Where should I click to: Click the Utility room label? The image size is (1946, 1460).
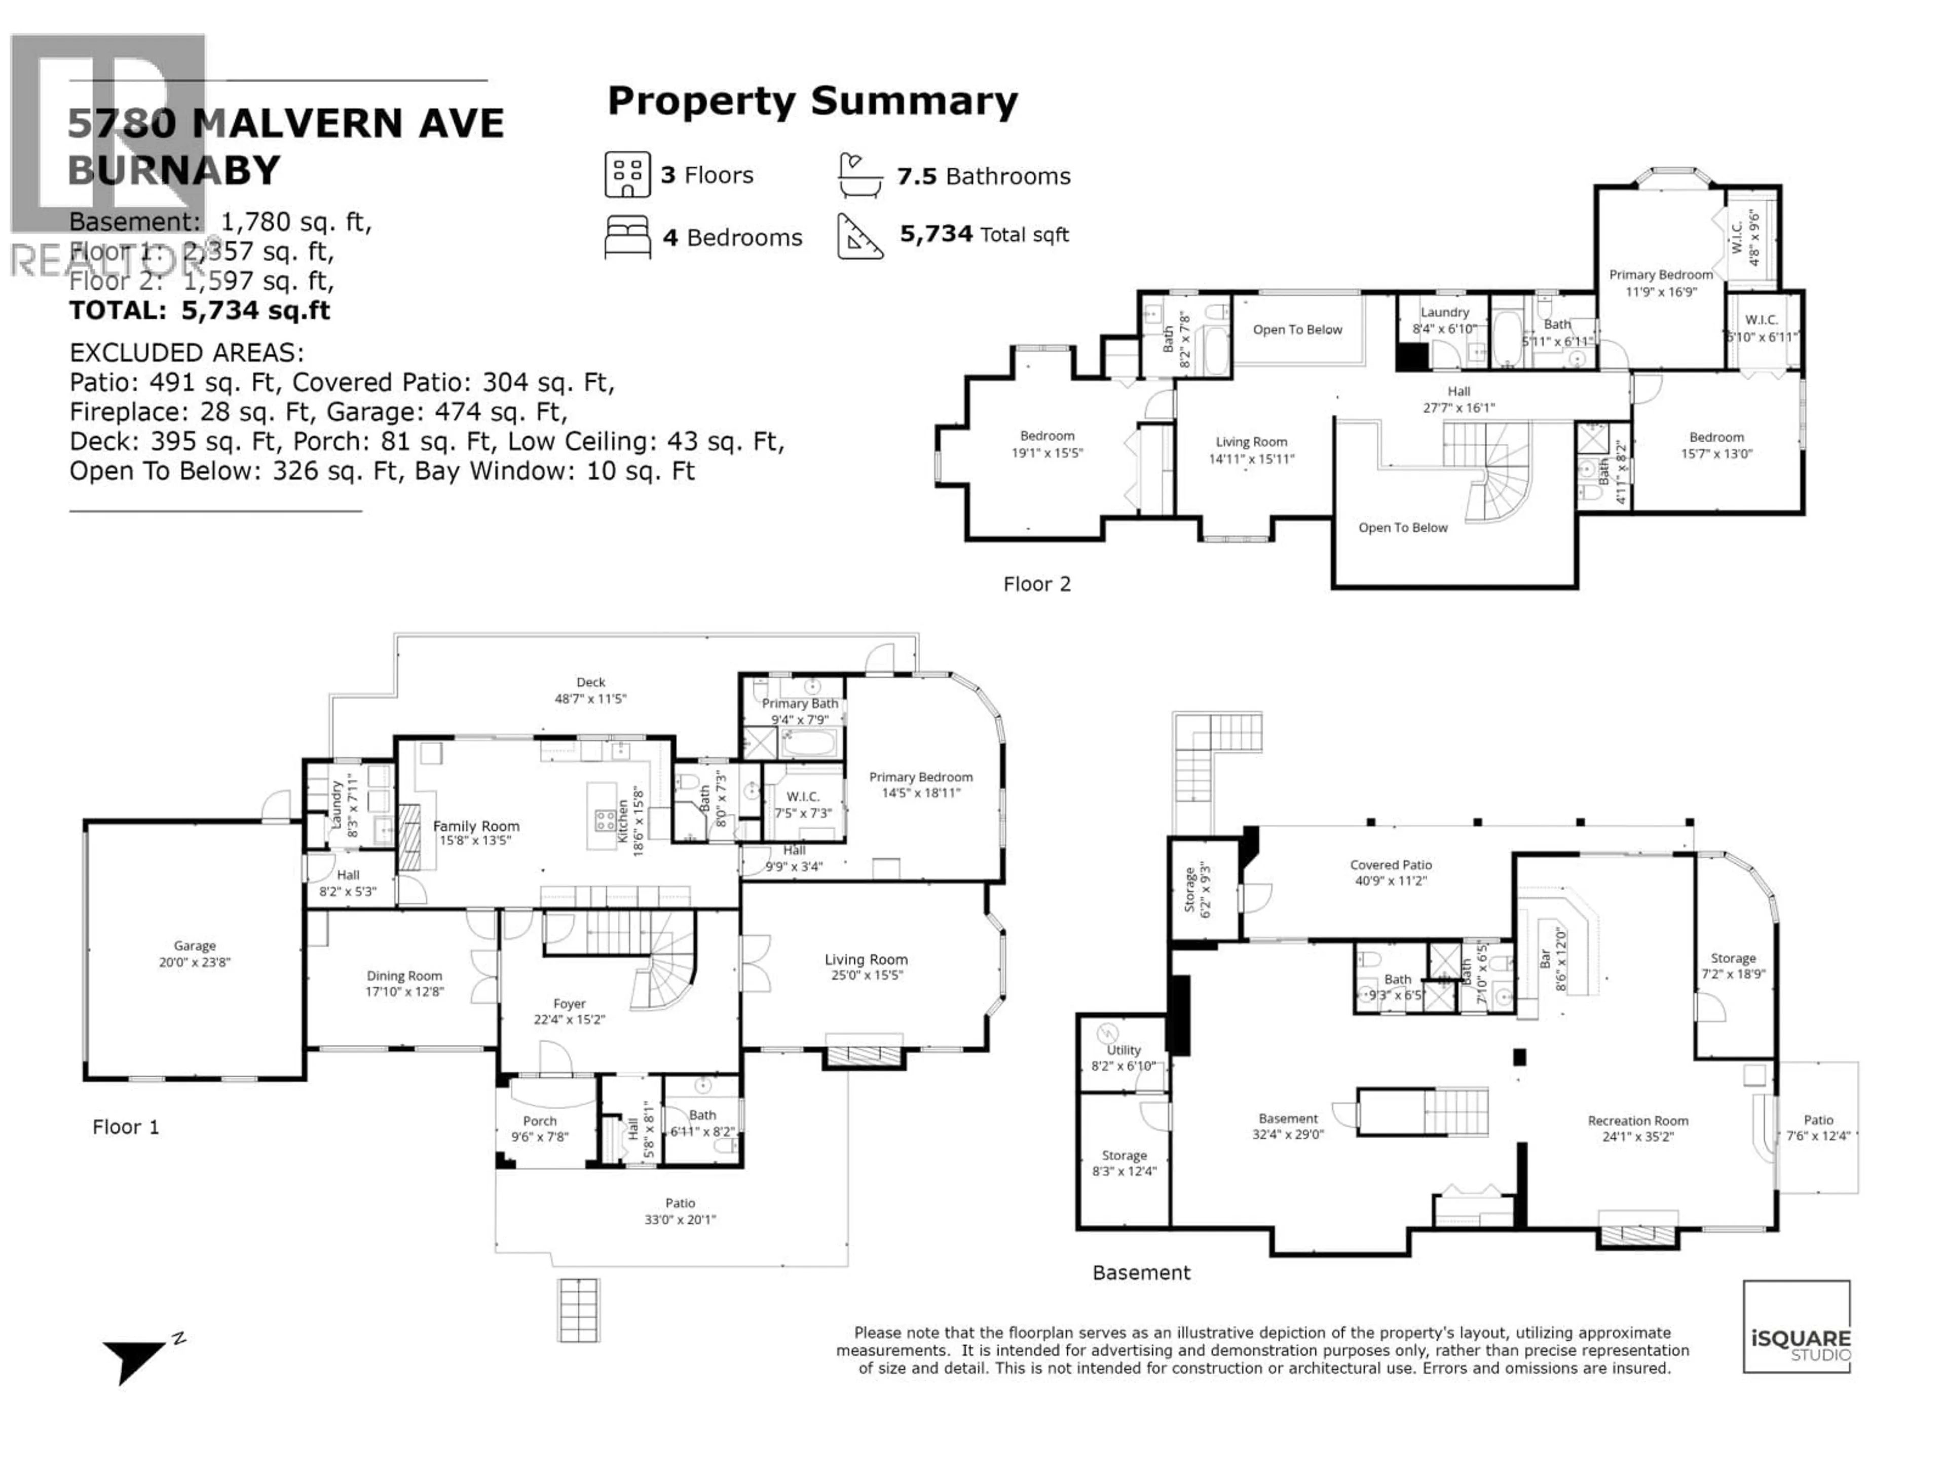tap(1124, 1050)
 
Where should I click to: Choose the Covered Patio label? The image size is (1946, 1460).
tap(1391, 865)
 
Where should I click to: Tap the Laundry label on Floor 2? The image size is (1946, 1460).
tap(1444, 312)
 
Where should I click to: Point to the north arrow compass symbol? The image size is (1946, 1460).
tap(136, 1359)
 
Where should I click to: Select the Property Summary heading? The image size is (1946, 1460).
tap(812, 101)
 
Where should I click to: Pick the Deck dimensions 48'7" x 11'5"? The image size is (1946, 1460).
tap(590, 699)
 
